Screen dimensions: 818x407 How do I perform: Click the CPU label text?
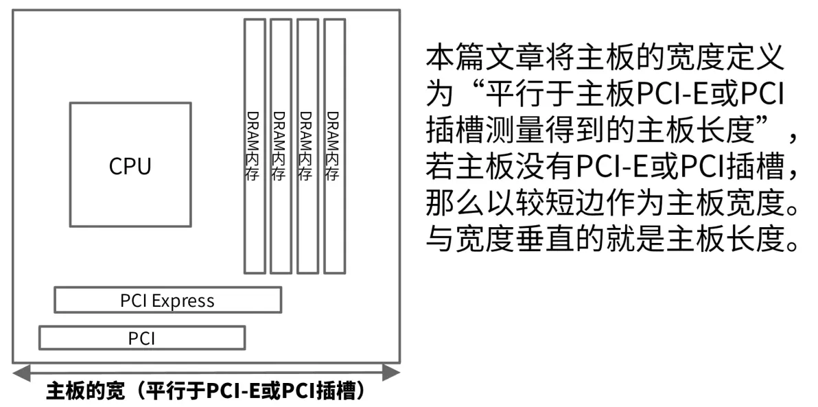coord(130,167)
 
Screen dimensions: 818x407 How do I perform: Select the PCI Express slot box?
coord(168,299)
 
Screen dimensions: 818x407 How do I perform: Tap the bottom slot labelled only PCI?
coord(142,338)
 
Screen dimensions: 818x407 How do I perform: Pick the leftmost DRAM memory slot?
coord(255,146)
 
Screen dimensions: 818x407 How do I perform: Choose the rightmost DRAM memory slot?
coord(334,146)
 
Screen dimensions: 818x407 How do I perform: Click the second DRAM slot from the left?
coord(281,146)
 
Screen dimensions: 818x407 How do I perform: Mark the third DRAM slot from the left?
coord(308,146)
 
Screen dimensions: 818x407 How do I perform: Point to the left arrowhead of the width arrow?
coord(21,373)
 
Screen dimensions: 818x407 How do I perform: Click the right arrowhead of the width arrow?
coord(391,373)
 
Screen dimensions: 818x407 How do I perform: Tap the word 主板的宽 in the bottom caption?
coord(86,391)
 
